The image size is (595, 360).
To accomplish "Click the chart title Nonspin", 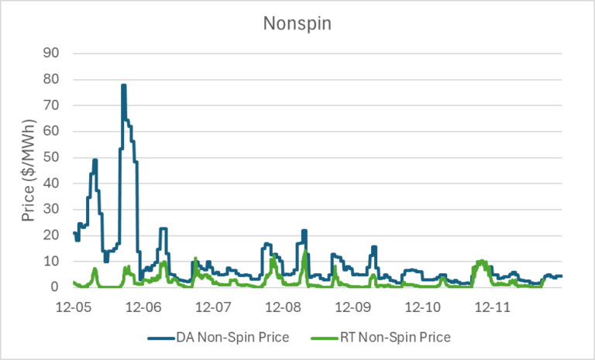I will [x=297, y=23].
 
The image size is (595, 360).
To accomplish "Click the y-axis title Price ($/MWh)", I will [x=29, y=170].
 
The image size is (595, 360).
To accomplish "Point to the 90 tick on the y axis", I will [x=60, y=53].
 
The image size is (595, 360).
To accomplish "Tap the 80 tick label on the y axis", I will [x=60, y=79].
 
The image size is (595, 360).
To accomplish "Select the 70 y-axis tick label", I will [x=60, y=105].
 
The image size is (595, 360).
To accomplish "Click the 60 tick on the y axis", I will [x=60, y=131].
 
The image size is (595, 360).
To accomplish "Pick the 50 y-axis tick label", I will [x=60, y=157].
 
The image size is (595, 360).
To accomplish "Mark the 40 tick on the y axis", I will [x=60, y=183].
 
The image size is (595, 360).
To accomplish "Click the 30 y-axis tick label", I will [x=60, y=209].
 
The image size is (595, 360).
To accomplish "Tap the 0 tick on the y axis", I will [x=64, y=287].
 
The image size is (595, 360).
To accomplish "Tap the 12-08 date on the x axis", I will [x=283, y=307].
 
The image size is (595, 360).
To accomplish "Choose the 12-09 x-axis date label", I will [x=353, y=307].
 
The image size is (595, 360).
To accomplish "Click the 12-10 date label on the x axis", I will [x=422, y=307].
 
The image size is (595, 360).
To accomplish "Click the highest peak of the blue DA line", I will [x=123, y=86].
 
